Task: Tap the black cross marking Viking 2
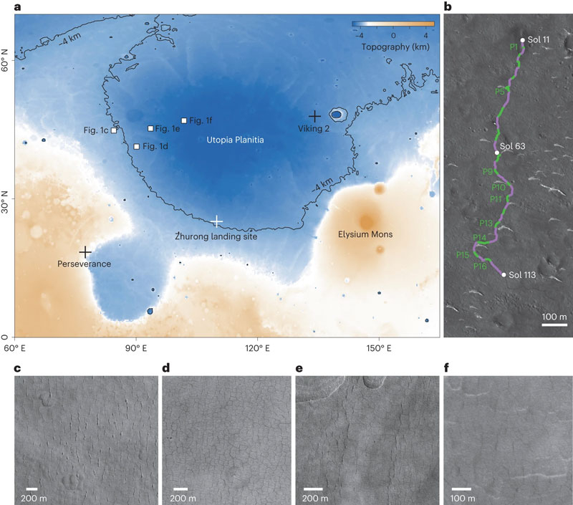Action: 314,116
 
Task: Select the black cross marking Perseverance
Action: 85,251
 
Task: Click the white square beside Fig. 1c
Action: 114,130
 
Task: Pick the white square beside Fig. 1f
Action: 184,120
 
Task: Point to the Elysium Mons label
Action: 365,234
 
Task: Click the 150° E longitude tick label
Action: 379,348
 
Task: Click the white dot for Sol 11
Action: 522,40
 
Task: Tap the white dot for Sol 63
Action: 497,153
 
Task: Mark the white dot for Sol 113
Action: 504,275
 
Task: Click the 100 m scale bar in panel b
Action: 554,324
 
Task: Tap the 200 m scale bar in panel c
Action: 32,489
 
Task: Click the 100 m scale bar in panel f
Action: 462,489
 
